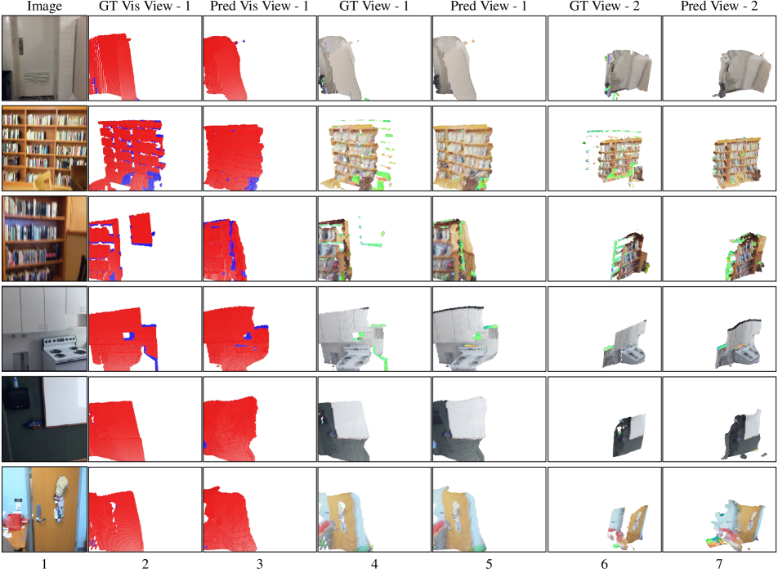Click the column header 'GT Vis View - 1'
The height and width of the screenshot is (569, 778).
[145, 7]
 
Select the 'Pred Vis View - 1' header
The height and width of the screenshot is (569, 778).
[259, 7]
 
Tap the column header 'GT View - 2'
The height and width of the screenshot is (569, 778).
[604, 7]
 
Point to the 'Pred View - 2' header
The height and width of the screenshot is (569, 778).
[719, 7]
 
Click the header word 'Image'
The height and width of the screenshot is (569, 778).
[44, 7]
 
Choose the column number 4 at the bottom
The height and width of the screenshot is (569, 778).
[374, 563]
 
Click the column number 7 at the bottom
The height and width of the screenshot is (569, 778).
[719, 563]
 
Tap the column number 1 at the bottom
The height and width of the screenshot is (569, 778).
[44, 563]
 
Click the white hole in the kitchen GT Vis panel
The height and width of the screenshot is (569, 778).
[128, 336]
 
